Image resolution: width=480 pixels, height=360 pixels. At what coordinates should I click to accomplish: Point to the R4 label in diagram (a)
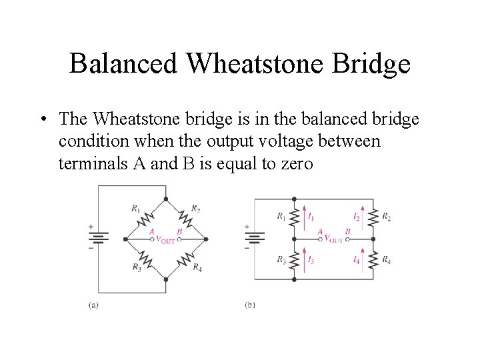(x=197, y=267)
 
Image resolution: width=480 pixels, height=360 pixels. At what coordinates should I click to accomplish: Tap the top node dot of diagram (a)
(x=166, y=198)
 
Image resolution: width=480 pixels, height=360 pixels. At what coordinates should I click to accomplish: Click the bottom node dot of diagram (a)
(x=166, y=279)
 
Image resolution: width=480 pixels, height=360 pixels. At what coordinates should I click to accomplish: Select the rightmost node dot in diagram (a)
(x=207, y=239)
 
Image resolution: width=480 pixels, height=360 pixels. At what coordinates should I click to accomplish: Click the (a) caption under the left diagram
(x=95, y=305)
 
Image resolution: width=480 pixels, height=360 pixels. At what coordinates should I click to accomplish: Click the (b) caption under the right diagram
(x=250, y=305)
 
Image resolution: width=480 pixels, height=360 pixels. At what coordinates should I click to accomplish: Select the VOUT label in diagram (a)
(x=165, y=241)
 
